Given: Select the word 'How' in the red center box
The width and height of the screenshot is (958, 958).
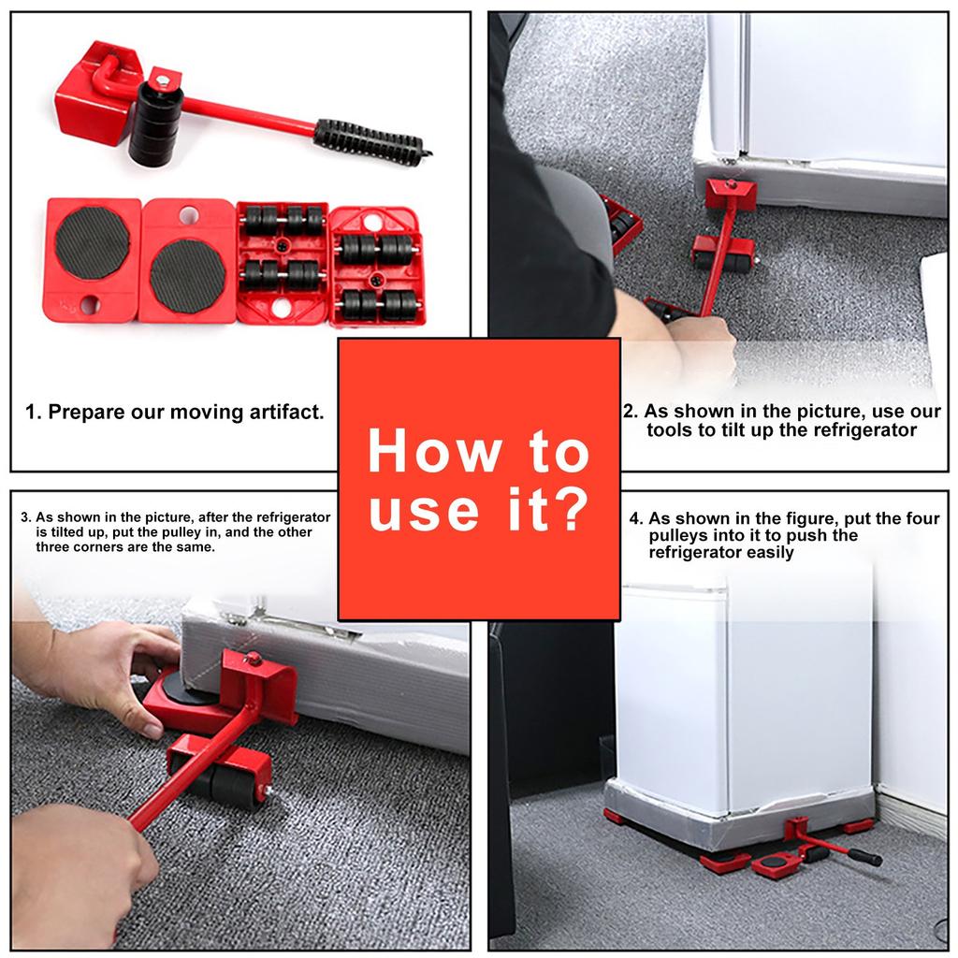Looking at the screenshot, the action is (435, 452).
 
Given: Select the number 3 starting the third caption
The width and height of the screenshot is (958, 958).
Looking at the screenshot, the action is (25, 517).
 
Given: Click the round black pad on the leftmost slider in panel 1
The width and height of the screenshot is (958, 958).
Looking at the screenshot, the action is (93, 243).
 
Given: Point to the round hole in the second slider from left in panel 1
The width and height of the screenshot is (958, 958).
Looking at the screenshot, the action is (188, 215).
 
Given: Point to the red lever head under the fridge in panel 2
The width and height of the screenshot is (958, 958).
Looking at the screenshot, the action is (731, 196).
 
